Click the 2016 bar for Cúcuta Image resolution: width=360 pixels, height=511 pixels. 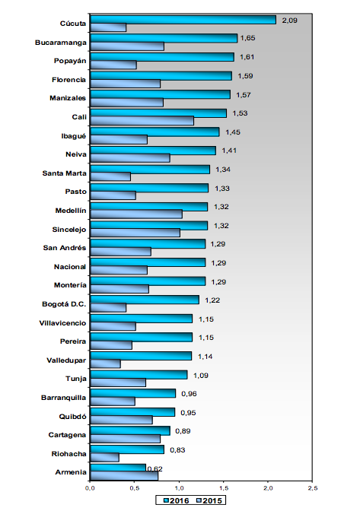click(183, 20)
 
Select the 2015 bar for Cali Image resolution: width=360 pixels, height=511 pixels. click(142, 121)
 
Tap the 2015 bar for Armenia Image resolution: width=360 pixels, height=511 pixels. click(124, 476)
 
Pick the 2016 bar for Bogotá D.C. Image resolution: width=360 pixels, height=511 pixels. click(145, 300)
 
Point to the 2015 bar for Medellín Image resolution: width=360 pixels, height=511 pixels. click(136, 214)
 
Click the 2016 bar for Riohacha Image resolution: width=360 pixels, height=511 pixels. click(127, 449)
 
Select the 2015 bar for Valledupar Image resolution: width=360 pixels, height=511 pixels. click(105, 363)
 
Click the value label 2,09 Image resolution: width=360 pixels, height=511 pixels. click(289, 21)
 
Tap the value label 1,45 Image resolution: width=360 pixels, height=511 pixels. click(233, 132)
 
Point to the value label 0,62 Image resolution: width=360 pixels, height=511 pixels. click(155, 468)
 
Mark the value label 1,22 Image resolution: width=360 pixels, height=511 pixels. click(212, 300)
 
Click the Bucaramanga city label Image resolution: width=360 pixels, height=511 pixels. click(61, 43)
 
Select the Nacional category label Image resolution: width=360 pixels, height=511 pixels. click(70, 267)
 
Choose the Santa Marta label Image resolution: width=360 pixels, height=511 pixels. click(64, 173)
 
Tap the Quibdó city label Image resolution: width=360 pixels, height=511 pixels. click(72, 417)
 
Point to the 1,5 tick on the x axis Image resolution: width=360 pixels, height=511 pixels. click(223, 488)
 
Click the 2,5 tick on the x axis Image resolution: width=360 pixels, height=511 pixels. click(312, 488)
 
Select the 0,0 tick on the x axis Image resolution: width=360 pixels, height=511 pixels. click(90, 488)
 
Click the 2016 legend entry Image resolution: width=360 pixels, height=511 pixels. click(176, 500)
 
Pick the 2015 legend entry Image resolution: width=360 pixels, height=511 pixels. click(209, 500)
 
